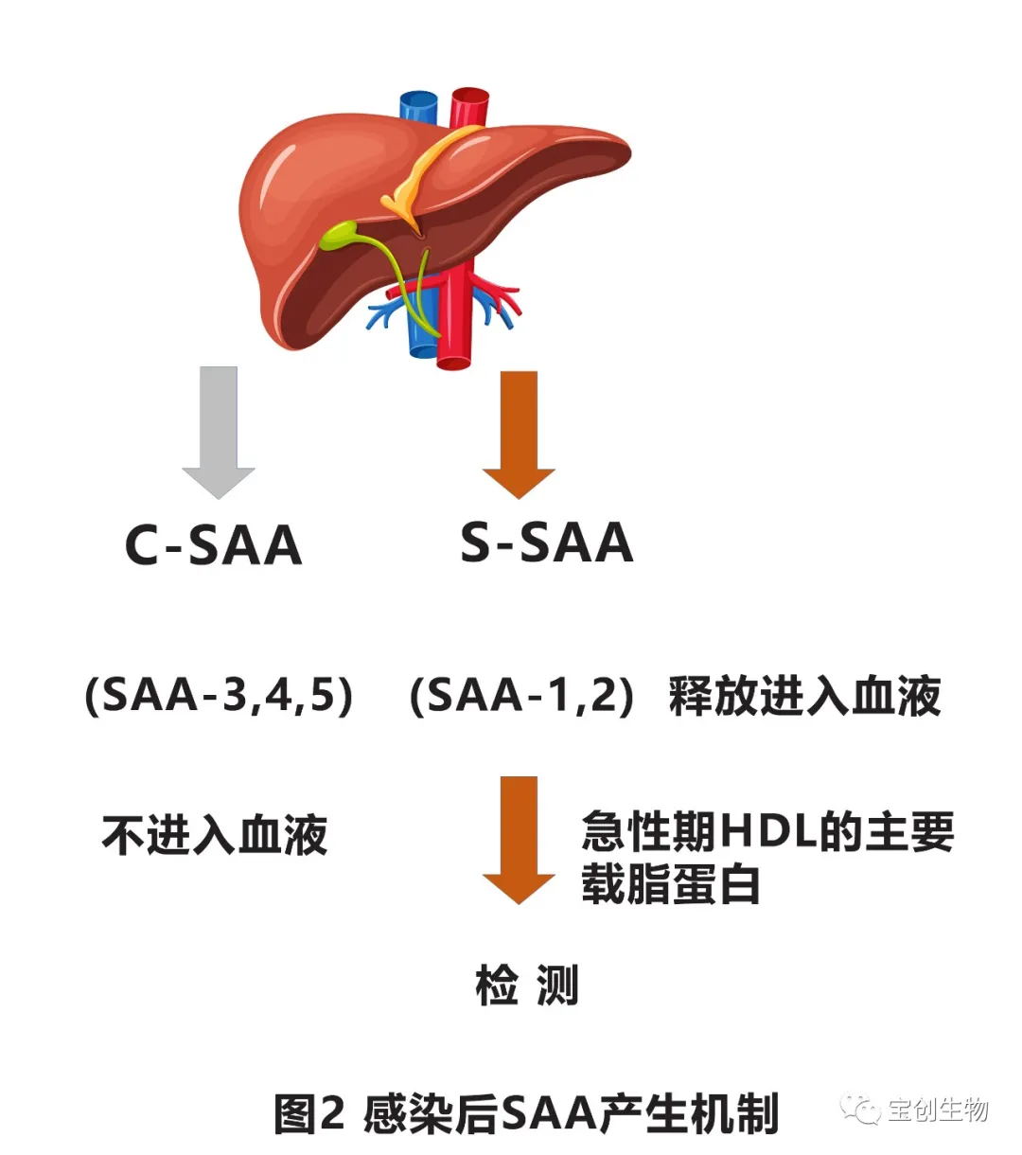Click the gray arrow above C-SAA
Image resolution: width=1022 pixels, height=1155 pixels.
(x=219, y=431)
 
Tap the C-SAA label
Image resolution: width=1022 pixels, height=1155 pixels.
(x=214, y=545)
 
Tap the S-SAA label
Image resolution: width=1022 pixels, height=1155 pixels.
(x=547, y=542)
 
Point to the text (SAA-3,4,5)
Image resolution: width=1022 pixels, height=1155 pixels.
(x=219, y=697)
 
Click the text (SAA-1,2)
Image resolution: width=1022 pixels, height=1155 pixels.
(x=520, y=697)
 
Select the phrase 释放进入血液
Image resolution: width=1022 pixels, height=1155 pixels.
(x=804, y=697)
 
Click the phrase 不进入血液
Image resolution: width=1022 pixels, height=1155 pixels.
(x=215, y=835)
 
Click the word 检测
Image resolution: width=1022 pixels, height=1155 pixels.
(x=527, y=986)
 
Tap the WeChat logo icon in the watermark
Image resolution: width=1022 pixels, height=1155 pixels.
(x=861, y=1109)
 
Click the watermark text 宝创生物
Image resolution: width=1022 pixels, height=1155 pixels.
(x=938, y=1110)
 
